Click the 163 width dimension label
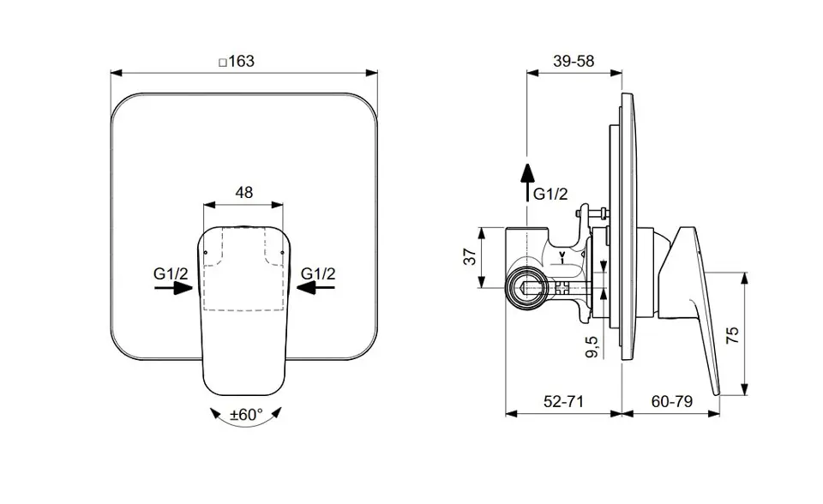242,62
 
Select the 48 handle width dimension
244,193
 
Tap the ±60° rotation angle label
246,415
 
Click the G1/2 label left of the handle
171,273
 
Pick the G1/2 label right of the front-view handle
318,273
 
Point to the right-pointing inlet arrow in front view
174,288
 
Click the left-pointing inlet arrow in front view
315,288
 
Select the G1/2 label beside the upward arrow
550,195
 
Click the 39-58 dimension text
574,62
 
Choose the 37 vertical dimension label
471,257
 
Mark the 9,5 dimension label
592,346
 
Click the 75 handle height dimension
732,334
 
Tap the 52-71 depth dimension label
564,402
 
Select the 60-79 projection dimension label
672,402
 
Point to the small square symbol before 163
223,63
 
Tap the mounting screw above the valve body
593,213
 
